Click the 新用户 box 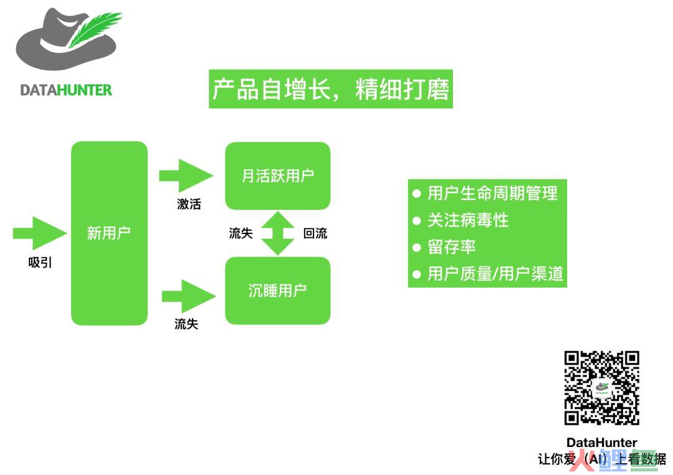pos(109,233)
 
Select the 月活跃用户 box pos(278,176)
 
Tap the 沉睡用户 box pos(278,291)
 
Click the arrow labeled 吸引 pos(40,233)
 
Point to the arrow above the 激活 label pos(186,176)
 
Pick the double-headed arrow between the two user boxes pos(278,233)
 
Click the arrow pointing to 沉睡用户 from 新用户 pos(188,296)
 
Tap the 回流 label pos(315,233)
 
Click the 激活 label pos(189,204)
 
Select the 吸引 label pos(40,262)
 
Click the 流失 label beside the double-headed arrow pos(241,233)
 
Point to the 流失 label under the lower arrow pos(186,324)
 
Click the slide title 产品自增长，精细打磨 pos(331,89)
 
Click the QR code pos(602,388)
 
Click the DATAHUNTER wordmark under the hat pos(66,90)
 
